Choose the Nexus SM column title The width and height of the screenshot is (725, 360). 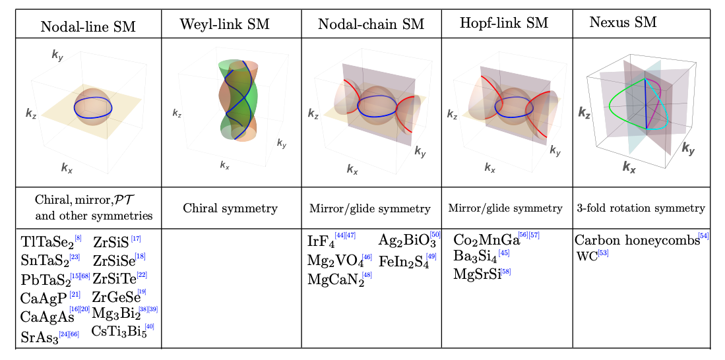(623, 22)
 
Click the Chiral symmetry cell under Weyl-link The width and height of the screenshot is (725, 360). (231, 208)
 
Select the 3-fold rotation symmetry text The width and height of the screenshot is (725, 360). (641, 208)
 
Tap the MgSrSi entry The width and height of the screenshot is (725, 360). (476, 274)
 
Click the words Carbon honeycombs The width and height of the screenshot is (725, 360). (636, 241)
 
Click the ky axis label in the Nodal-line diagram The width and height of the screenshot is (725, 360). (58, 55)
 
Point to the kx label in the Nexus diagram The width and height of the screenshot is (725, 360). (629, 166)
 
